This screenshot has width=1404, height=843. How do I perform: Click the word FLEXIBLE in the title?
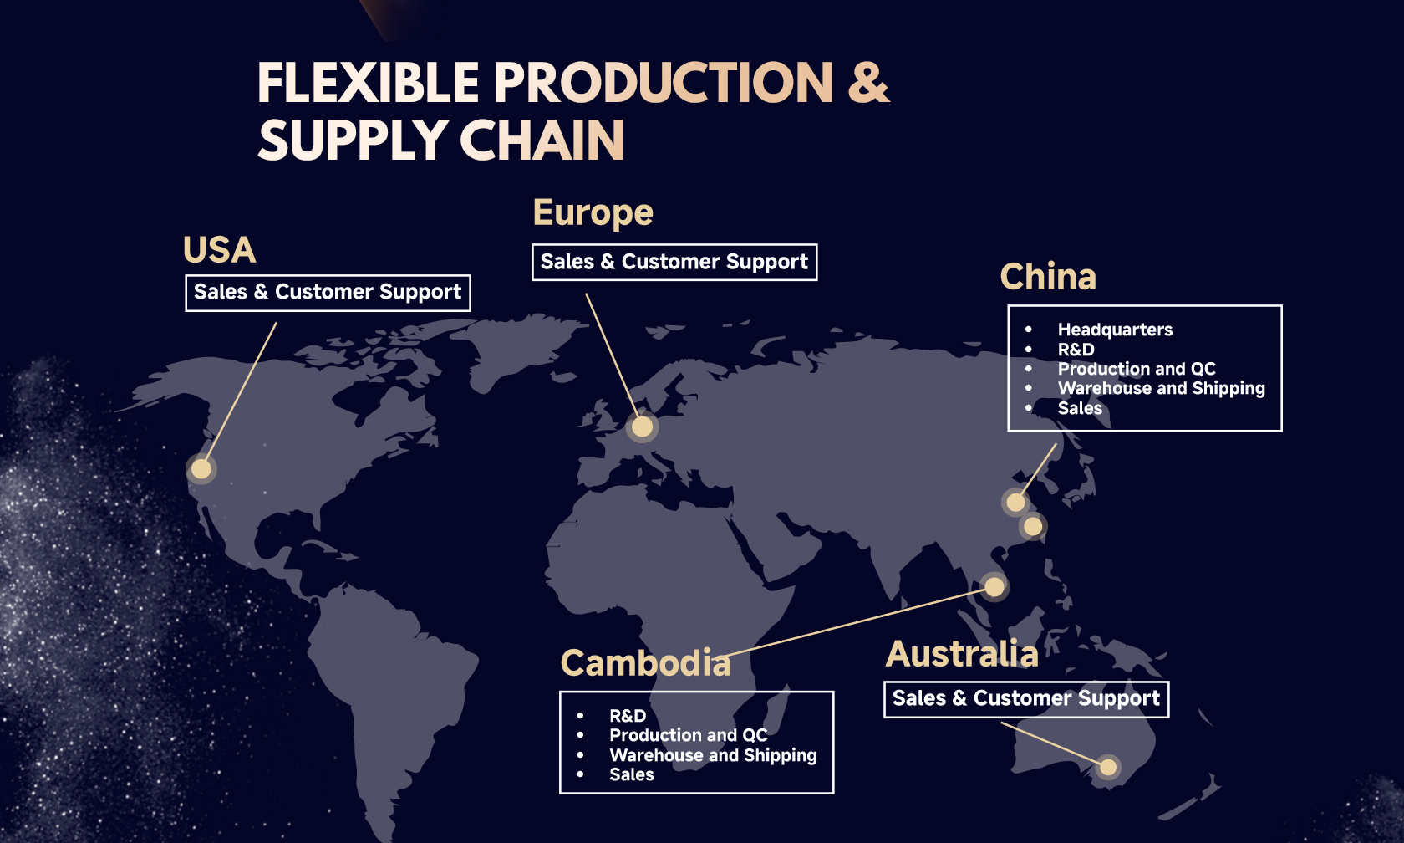pyautogui.click(x=368, y=83)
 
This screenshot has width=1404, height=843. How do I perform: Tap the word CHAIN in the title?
pyautogui.click(x=542, y=140)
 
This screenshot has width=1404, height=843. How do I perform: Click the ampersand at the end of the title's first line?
pyautogui.click(x=868, y=83)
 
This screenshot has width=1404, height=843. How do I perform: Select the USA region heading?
pyautogui.click(x=219, y=249)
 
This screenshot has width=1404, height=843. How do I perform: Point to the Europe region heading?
pyautogui.click(x=593, y=213)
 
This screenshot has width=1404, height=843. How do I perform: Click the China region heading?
pyautogui.click(x=1048, y=277)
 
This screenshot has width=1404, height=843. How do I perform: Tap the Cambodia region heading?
pyautogui.click(x=645, y=663)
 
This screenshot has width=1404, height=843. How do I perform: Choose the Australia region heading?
pyautogui.click(x=961, y=654)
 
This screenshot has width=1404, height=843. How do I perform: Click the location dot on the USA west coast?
pyautogui.click(x=201, y=468)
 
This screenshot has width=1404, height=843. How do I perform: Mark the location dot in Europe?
pyautogui.click(x=642, y=427)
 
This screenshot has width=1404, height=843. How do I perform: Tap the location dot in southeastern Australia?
pyautogui.click(x=1108, y=766)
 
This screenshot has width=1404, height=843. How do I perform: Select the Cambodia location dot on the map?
pyautogui.click(x=994, y=587)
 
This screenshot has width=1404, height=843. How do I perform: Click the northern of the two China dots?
pyautogui.click(x=1015, y=503)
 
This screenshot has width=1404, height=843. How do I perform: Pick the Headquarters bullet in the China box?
pyautogui.click(x=1115, y=330)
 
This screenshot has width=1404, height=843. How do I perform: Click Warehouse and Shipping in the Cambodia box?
pyautogui.click(x=714, y=755)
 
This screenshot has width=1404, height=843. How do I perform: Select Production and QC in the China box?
pyautogui.click(x=1137, y=369)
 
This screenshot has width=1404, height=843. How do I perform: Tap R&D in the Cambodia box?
pyautogui.click(x=628, y=716)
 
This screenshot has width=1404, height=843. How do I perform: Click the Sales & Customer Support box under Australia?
pyautogui.click(x=1026, y=699)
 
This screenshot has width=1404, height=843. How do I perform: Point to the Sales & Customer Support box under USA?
pyautogui.click(x=328, y=293)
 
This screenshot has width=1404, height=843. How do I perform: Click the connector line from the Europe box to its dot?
pyautogui.click(x=613, y=355)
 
